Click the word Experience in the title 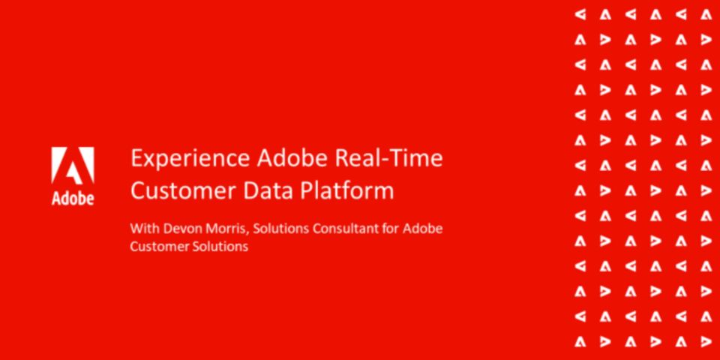[x=190, y=159]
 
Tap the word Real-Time [x=389, y=158]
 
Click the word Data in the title [x=260, y=190]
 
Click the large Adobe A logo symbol [x=73, y=166]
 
